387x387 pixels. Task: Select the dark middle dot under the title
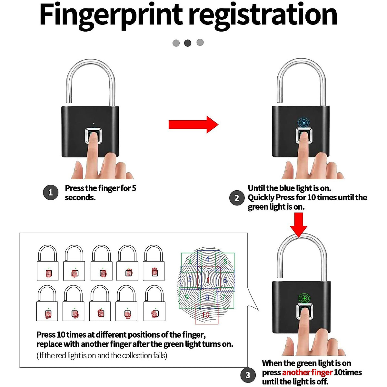[188, 43]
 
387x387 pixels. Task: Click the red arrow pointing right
[193, 124]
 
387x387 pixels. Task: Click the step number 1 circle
[50, 193]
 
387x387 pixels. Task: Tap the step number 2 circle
[237, 198]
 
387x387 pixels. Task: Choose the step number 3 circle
[248, 375]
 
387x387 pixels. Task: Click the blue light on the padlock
[303, 123]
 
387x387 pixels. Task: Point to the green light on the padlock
[303, 298]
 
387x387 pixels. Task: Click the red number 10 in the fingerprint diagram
[206, 315]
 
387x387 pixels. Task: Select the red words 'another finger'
[307, 372]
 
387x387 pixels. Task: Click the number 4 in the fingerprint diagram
[207, 259]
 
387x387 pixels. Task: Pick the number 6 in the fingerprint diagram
[225, 280]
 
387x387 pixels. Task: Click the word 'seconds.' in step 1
[80, 198]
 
